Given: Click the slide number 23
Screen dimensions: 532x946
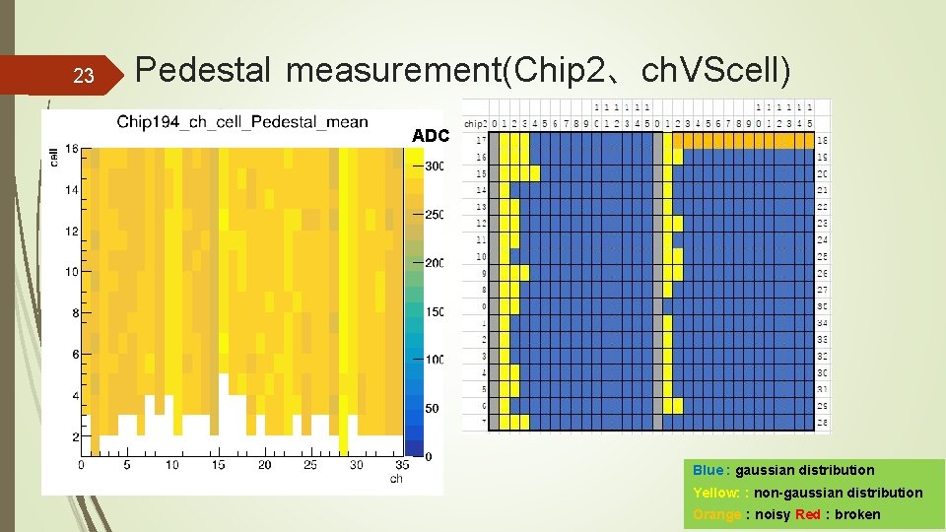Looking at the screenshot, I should [83, 75].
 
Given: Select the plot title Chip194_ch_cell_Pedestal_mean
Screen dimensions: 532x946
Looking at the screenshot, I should [241, 122].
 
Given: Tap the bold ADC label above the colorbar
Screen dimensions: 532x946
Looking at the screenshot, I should [431, 136].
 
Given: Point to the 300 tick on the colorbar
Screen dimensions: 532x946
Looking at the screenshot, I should [434, 166].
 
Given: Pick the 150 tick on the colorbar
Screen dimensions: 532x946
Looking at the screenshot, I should [434, 311].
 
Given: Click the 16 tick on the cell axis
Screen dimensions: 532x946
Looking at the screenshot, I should [72, 149].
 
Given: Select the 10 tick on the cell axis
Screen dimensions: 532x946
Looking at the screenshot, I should [72, 272].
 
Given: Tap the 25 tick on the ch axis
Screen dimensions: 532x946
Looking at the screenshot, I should [310, 465].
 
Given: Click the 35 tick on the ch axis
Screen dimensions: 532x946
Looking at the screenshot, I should [401, 465].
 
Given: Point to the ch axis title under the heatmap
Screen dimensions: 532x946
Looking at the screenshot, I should [396, 479].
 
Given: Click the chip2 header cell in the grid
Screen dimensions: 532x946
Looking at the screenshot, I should [475, 124].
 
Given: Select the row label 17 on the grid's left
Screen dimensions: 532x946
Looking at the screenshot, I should [482, 140].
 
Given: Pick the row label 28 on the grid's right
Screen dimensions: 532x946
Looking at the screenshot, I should [823, 423].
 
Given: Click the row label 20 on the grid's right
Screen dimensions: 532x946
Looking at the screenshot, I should [823, 172].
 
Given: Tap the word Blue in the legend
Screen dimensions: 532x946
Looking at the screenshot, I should [707, 470].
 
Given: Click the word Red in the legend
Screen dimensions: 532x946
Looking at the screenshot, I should [807, 514].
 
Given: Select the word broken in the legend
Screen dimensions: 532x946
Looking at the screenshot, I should [857, 514].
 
